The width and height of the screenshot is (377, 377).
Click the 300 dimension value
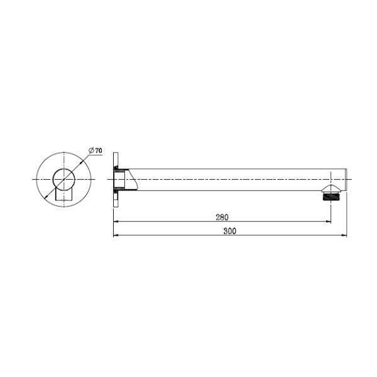coord(229,231)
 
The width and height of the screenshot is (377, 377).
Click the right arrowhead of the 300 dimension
coord(344,236)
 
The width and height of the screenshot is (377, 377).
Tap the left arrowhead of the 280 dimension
coord(116,221)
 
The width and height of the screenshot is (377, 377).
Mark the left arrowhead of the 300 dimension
coord(116,236)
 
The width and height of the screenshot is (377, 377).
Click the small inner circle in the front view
coord(63,179)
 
